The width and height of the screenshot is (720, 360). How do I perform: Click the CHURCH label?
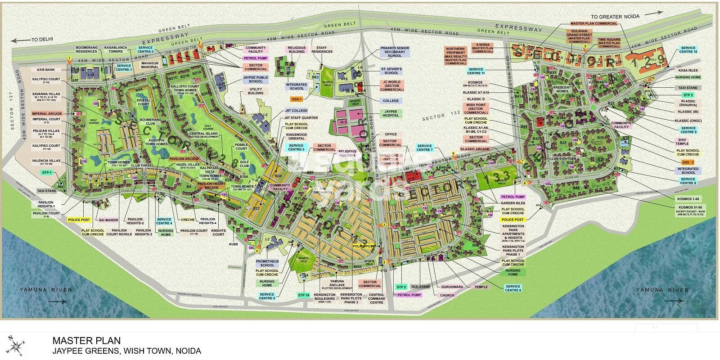(447, 295)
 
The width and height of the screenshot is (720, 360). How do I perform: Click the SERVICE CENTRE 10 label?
(689, 49)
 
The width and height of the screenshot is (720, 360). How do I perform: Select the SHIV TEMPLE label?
(682, 141)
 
